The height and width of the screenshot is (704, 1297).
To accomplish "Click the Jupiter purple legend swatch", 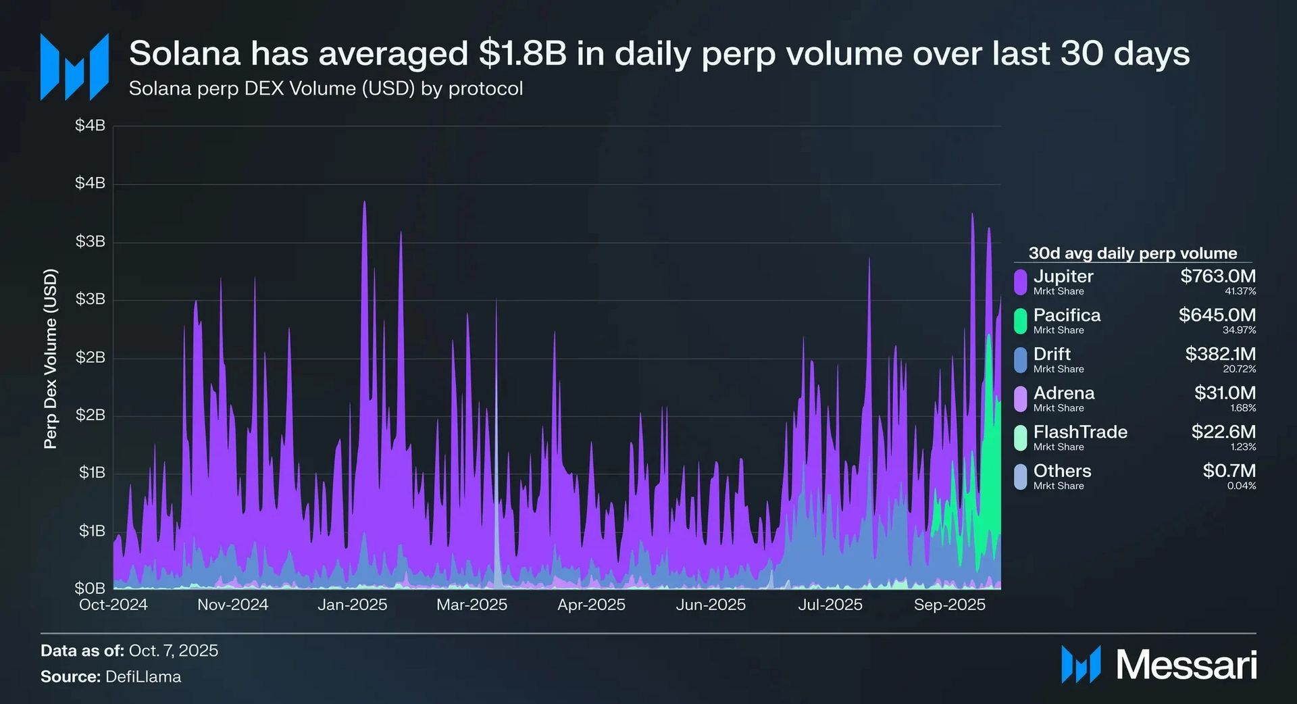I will click(x=1020, y=282).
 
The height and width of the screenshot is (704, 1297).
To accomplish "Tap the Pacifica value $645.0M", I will click(x=1217, y=315).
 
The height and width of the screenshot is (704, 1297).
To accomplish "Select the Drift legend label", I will click(x=1052, y=354).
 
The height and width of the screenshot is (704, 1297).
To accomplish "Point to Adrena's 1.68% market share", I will click(x=1243, y=408).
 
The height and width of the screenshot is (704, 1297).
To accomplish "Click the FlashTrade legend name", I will click(x=1080, y=432).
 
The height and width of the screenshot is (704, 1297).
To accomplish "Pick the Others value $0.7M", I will click(x=1229, y=471).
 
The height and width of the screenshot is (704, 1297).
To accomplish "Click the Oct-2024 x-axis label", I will click(x=113, y=605).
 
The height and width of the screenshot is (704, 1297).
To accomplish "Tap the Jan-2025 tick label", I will click(x=352, y=605).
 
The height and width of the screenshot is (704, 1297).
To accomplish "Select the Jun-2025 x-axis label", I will click(x=711, y=605).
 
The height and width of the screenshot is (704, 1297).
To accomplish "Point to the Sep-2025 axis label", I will click(x=949, y=605).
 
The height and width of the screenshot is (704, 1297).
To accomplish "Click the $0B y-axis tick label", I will click(x=90, y=588).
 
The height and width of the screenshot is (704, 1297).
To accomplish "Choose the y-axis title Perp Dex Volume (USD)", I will click(x=51, y=359).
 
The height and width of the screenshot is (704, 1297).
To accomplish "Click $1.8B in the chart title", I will click(x=522, y=53).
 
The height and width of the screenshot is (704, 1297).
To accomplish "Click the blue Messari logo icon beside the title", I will click(x=74, y=67).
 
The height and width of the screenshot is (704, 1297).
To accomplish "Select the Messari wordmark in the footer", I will click(x=1186, y=665).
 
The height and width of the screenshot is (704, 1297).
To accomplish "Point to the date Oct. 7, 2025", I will click(x=174, y=651).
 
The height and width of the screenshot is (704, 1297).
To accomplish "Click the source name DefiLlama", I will click(x=143, y=677).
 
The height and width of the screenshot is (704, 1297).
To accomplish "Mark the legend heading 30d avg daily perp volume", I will click(x=1132, y=253).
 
